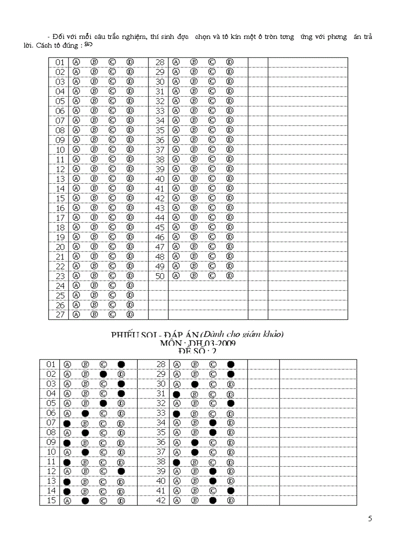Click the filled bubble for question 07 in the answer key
pos(67,423)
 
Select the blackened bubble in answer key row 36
pos(195,442)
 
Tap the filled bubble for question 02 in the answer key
pos(103,374)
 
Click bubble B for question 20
pos(94,247)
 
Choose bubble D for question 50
pos(230,276)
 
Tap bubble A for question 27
pos(76,315)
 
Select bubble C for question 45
pos(212,227)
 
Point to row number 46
pos(160,237)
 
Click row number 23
pos(60,276)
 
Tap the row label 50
pos(160,276)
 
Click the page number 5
pos(370,518)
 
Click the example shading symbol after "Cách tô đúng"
pos(88,45)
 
